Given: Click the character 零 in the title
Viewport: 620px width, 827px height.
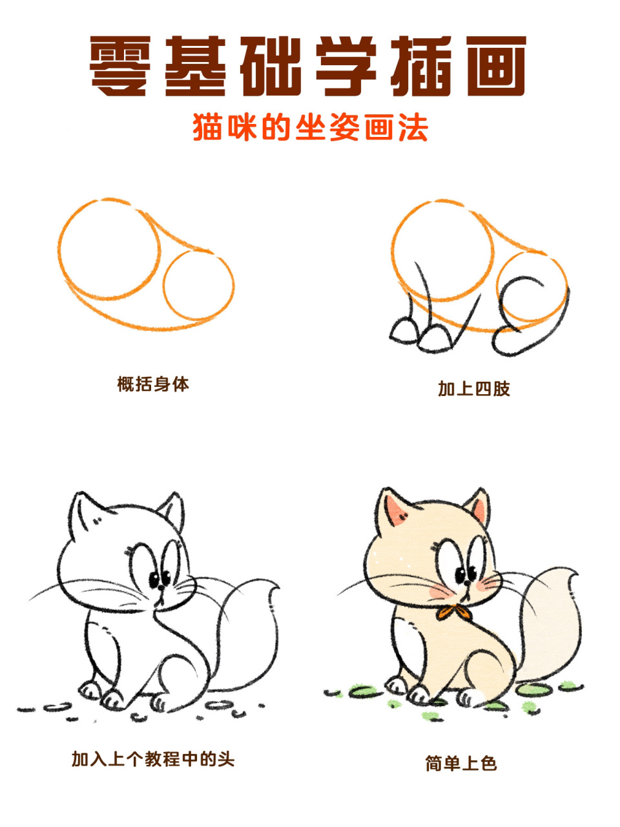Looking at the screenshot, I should (121, 66).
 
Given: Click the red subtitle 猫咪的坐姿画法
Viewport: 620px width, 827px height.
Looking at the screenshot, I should (311, 127).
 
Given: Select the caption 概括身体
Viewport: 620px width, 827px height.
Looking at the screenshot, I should (153, 384).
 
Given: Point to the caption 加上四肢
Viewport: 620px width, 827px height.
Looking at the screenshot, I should (473, 388).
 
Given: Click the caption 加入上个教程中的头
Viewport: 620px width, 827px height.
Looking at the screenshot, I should (153, 759).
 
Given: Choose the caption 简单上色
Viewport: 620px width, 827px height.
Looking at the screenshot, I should (460, 764).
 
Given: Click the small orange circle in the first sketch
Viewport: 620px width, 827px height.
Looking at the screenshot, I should (198, 285).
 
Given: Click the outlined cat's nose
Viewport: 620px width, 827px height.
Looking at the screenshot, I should (161, 587).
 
